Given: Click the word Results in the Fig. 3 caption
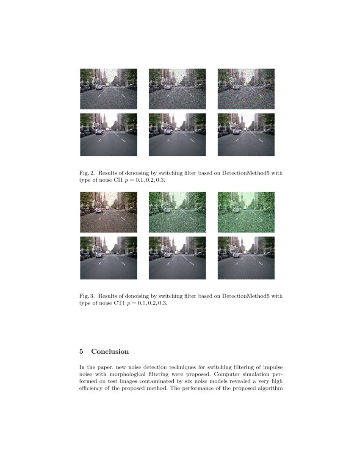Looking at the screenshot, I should tap(109, 296).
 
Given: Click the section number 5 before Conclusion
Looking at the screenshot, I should tap(81, 352).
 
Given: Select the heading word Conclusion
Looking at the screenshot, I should tap(110, 352).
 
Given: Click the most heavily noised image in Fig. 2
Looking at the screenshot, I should tap(246, 89).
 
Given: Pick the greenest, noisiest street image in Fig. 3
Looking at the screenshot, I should tap(246, 212).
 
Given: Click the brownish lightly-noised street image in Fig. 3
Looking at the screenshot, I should tap(108, 212).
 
